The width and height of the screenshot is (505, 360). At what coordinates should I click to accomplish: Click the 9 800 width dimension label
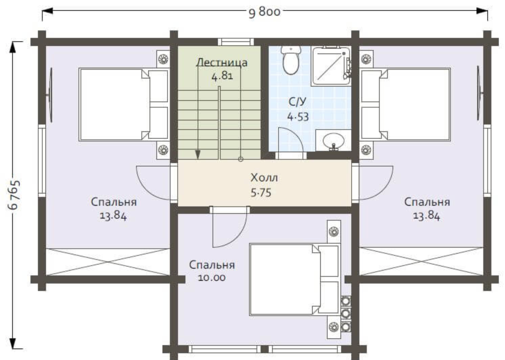click(265, 12)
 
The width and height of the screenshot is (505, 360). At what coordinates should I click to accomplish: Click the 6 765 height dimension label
click(14, 195)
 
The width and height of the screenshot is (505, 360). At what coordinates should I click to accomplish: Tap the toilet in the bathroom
click(291, 60)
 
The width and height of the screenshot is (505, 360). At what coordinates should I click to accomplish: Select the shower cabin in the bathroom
click(331, 66)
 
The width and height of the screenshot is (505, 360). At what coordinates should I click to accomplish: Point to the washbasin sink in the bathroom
click(333, 140)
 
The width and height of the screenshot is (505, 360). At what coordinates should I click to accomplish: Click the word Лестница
click(222, 63)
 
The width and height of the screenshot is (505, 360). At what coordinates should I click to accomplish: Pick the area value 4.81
click(222, 76)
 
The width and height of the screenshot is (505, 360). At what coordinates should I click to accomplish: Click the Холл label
click(264, 178)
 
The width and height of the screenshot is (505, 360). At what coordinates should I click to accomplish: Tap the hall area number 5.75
click(261, 193)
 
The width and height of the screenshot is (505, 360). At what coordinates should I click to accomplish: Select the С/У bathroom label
click(297, 102)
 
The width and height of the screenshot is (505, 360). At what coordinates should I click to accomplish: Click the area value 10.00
click(212, 278)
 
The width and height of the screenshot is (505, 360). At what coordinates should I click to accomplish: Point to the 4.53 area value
click(298, 117)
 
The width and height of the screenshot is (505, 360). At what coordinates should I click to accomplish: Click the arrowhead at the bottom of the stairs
click(198, 155)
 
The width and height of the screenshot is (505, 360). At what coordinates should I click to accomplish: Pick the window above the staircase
click(236, 42)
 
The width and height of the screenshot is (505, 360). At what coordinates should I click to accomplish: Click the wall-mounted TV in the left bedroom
click(50, 95)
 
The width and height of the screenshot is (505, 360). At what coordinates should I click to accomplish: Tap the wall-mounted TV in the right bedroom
click(479, 93)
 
